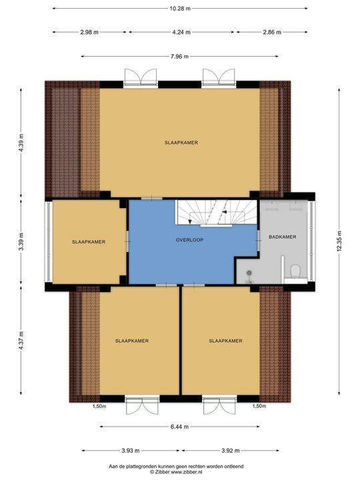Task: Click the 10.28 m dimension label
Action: (x=180, y=9)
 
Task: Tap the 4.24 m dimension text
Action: (x=181, y=32)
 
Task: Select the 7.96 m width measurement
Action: (x=179, y=56)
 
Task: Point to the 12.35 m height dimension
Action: (x=339, y=241)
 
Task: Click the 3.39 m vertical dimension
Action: (x=21, y=241)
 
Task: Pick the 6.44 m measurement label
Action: (x=179, y=427)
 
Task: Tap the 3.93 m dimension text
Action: (x=131, y=450)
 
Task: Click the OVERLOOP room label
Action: (x=189, y=240)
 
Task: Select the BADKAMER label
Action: (x=283, y=237)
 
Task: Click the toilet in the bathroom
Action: (x=295, y=272)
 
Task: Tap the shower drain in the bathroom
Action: (x=249, y=272)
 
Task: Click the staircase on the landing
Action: (x=216, y=213)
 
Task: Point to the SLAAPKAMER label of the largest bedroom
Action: (x=181, y=143)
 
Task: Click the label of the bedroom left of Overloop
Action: (x=89, y=242)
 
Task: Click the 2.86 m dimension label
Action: (x=272, y=32)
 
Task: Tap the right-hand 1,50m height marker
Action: (x=259, y=406)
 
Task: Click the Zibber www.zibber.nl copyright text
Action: (x=176, y=472)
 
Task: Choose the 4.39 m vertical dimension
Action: (x=21, y=143)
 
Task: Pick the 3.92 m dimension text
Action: (x=230, y=450)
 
